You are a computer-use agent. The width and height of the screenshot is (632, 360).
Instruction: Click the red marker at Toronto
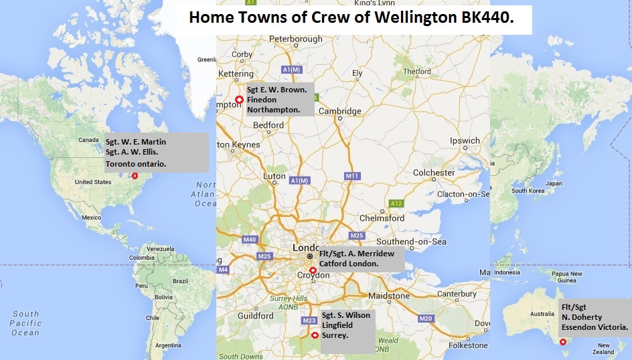coord(135,176)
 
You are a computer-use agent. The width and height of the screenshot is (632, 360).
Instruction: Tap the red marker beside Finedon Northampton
coord(239,100)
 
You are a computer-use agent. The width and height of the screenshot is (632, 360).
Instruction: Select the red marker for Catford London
coord(313,270)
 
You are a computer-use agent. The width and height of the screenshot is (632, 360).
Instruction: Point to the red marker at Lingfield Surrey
coord(315,335)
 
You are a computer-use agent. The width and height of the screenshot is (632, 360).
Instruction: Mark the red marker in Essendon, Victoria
coord(563,342)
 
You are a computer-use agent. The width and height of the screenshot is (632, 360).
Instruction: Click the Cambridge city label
coord(339,111)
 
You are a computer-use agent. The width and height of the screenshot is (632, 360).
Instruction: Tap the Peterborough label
coord(295,39)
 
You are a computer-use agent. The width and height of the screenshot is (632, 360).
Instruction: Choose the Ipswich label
coord(465,141)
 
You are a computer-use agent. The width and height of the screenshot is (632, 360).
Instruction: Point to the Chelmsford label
coord(382,218)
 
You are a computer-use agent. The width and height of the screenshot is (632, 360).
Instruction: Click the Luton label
coord(274,177)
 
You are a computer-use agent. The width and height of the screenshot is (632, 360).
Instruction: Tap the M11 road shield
coord(352,176)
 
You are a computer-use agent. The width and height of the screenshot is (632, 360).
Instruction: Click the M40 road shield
coord(250,240)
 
